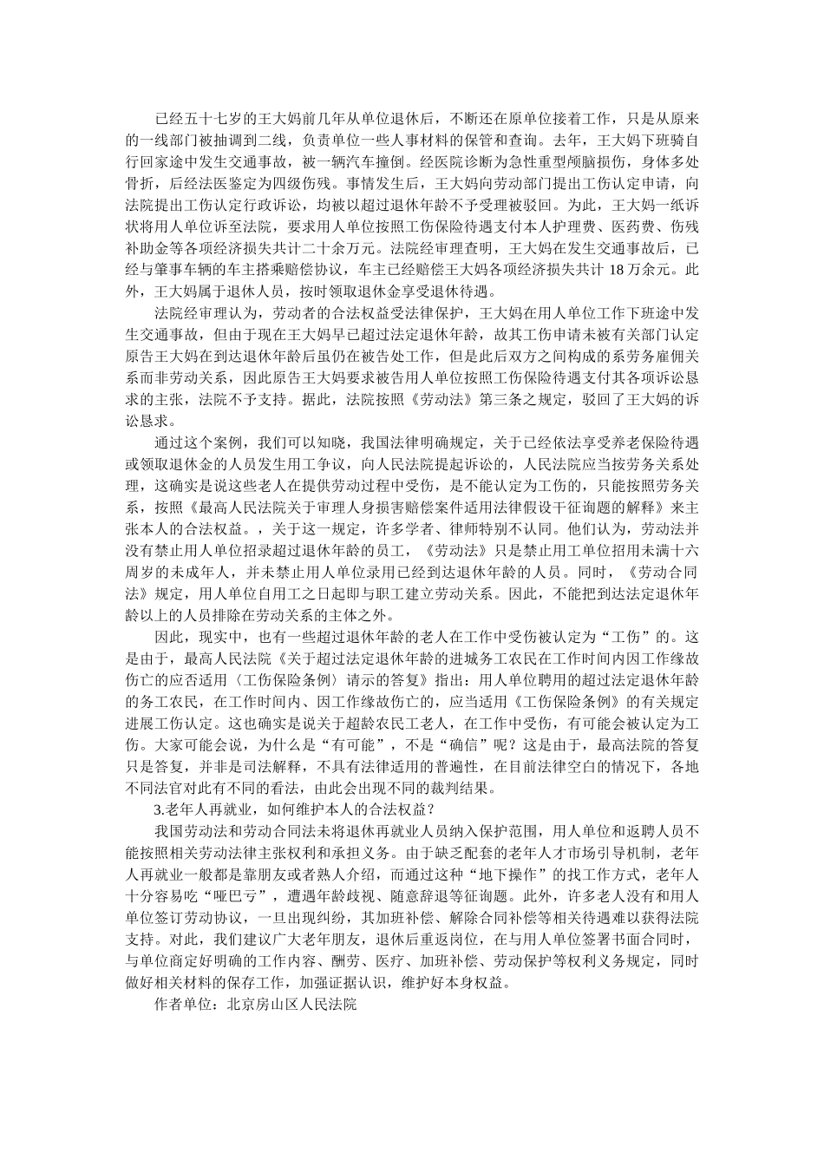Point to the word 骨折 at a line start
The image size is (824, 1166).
tap(138, 184)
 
